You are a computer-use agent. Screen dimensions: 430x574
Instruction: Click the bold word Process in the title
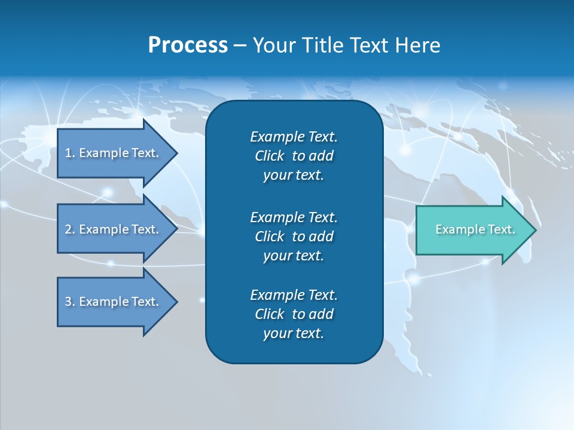[188, 45]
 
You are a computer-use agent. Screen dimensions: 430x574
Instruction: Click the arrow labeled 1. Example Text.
[114, 153]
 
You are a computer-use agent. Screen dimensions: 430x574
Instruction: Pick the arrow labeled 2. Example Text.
[114, 229]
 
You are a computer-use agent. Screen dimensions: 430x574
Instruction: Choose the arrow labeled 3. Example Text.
[114, 302]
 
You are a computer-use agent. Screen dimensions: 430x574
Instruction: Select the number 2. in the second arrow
[70, 229]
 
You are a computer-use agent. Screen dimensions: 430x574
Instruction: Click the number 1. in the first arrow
[69, 153]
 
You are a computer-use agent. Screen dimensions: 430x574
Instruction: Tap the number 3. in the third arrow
[70, 302]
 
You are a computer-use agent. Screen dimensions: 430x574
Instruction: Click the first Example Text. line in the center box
[294, 137]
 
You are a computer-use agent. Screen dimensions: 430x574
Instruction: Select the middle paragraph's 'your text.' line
[293, 256]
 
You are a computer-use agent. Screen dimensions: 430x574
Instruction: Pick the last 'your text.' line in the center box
[293, 333]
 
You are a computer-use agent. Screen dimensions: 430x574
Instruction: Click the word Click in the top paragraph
[269, 156]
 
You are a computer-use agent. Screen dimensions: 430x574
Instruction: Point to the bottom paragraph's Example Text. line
[294, 295]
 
